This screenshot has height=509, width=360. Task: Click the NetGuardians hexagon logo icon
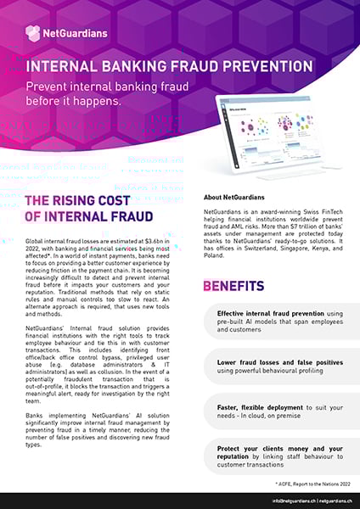(32, 33)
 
